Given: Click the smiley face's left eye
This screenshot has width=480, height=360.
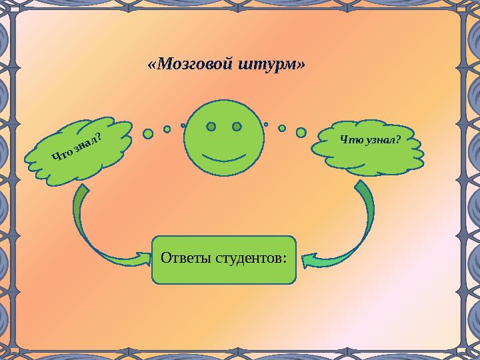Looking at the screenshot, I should point(211,127).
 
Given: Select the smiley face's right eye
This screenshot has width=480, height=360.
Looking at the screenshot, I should point(237,127).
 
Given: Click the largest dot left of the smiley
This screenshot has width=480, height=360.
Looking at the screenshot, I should point(148,133).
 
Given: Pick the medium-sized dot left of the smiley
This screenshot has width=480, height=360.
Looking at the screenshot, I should point(167,129).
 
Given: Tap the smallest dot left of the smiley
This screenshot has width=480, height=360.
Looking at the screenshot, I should point(183,125).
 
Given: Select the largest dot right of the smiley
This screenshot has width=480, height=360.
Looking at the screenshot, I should point(301,133).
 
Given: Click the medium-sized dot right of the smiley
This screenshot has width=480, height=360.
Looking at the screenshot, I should point(282,128).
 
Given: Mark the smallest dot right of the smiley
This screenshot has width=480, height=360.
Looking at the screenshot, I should point(266,124).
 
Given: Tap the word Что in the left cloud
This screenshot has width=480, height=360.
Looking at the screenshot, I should point(62,157).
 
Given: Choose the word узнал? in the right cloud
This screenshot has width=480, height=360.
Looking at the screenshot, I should point(380,139).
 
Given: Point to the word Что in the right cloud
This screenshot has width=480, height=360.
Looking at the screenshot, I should point(351,139).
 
